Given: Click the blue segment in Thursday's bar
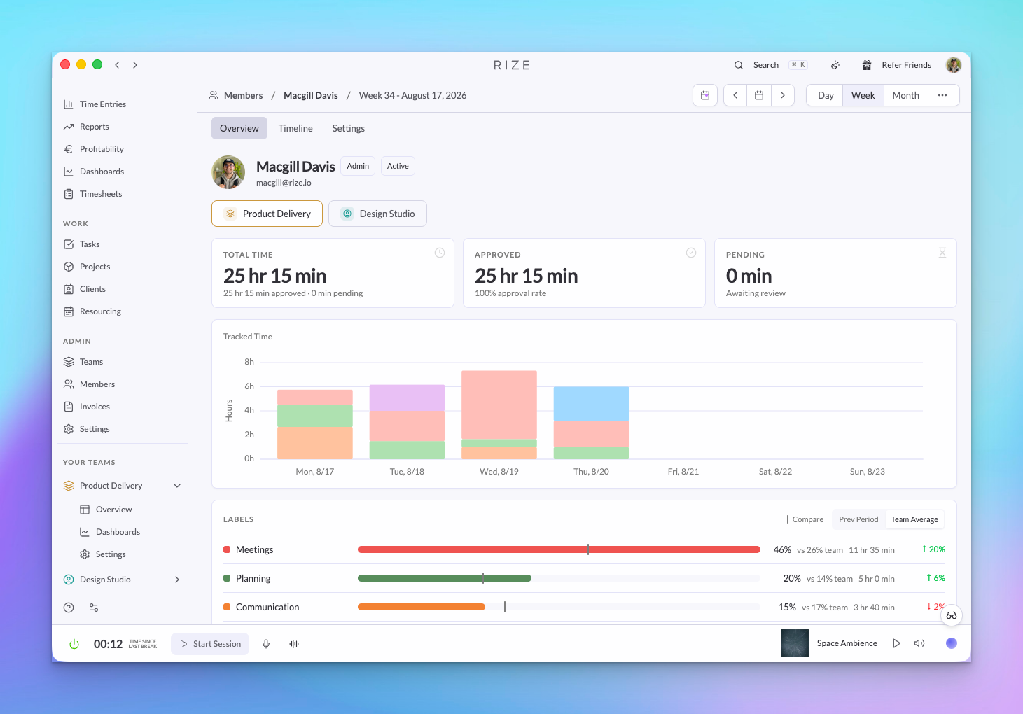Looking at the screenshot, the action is [x=591, y=404].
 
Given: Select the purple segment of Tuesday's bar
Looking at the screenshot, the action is [x=407, y=398].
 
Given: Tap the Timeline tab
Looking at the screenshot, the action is [x=295, y=128].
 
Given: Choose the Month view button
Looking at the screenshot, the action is [x=905, y=95].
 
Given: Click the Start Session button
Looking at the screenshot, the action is [x=210, y=644].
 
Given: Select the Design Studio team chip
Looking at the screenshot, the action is [x=377, y=213].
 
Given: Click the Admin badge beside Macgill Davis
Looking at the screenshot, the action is [x=358, y=166].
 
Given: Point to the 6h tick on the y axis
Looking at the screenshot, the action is [x=249, y=386].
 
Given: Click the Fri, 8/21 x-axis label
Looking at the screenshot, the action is [x=683, y=472].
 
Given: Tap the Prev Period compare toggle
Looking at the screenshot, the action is [x=858, y=519].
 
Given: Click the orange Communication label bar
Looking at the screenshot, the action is [x=421, y=607].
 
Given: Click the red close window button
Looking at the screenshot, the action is [x=65, y=65].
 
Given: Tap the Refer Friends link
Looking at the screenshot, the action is [x=906, y=65].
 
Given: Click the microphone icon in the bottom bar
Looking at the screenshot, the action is [x=266, y=644].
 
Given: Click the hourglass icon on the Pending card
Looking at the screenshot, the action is [x=942, y=253].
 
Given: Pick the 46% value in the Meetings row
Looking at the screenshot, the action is [x=782, y=549].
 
